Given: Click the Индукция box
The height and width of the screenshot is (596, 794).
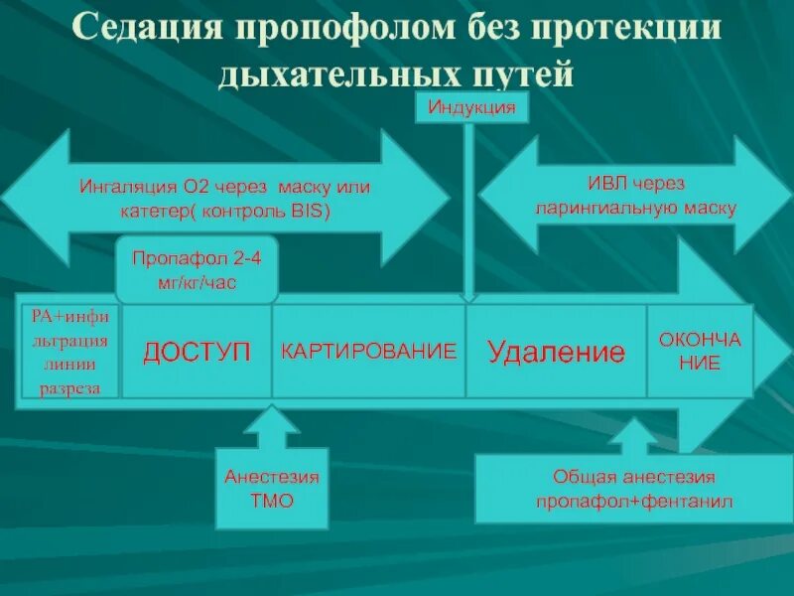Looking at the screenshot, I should pos(471,107).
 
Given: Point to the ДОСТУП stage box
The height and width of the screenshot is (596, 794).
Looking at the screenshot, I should pos(196,352).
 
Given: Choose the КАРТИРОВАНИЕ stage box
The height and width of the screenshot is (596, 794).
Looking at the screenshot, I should pos(368,352).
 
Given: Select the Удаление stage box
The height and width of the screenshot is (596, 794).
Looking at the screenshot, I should pos(556,352).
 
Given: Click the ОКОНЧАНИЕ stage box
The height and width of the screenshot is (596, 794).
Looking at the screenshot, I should pos(700,352).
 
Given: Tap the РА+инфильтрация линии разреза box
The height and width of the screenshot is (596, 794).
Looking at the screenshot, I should pos(69,352).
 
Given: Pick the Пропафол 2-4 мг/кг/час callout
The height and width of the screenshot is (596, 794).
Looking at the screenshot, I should pos(197,269).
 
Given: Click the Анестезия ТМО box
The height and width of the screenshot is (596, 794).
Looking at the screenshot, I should pos(271,489).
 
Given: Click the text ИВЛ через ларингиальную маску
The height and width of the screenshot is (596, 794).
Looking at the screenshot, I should pos(635,196).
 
